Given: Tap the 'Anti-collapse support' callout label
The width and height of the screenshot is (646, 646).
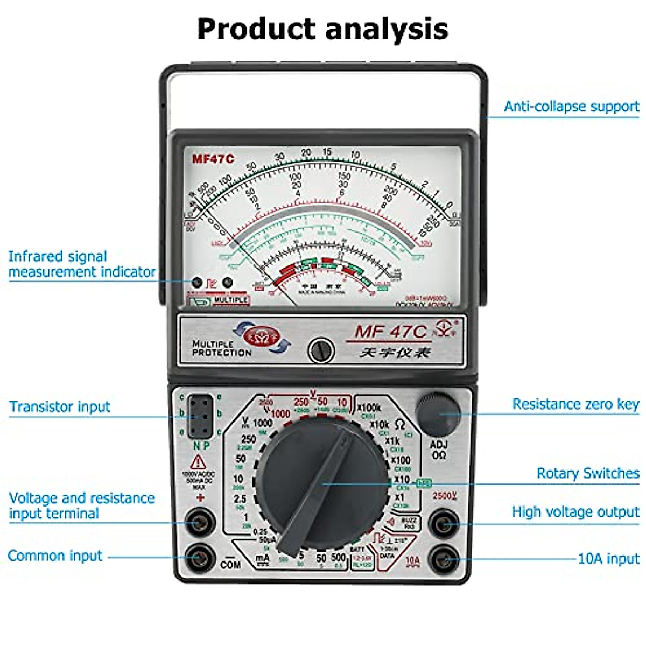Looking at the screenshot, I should coord(571,107).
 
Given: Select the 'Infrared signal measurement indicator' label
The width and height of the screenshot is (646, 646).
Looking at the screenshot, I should coord(82,264).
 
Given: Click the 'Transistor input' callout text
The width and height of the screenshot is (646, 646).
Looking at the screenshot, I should coord(60,406).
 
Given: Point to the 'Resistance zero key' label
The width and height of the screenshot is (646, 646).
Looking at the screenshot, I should coord(575,404).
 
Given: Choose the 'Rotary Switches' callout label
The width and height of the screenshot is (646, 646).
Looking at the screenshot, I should coord(588,473).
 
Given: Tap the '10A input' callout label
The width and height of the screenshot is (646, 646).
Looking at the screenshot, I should coord(608,558).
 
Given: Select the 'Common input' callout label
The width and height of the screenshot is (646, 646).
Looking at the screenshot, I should coord(55,556).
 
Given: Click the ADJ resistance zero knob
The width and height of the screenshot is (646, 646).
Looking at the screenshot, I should coord(439,413).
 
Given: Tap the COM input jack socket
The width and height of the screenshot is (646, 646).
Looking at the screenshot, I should coord(200,558).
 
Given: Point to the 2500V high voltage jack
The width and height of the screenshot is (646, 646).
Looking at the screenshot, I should coord(444,523).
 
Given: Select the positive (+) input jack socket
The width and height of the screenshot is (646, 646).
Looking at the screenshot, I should coord(200,522).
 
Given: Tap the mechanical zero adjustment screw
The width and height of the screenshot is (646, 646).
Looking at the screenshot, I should coord(321,350).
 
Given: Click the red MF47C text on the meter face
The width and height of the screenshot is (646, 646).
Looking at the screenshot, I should coord(213,159).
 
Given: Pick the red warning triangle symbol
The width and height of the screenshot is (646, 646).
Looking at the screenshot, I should coord(198,462).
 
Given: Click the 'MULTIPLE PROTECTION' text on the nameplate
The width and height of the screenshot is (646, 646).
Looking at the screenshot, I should coord(221,348).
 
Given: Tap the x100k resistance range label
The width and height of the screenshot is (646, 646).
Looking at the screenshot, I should coord(369,408).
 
